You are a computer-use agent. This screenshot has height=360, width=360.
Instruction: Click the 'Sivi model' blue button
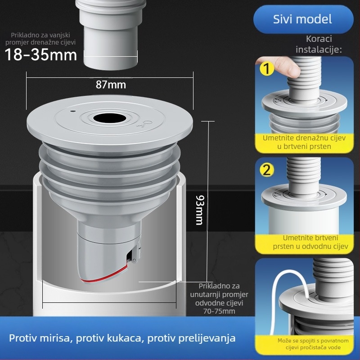pos(302,19)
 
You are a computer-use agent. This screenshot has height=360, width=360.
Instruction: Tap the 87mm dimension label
pos(111,84)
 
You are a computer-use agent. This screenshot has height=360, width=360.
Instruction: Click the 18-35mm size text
pos(41,55)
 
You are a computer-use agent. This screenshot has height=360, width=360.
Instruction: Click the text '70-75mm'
pos(219,311)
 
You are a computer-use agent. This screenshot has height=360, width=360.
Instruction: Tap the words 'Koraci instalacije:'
pos(319,44)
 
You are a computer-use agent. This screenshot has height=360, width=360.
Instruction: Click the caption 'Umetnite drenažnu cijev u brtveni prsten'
pos(304,142)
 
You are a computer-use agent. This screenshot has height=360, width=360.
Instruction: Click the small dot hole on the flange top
pos(72,109)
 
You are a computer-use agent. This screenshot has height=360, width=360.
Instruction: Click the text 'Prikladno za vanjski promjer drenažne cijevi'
pos(40,38)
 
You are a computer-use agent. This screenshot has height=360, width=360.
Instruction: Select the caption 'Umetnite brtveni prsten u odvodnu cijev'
pos(304,242)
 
